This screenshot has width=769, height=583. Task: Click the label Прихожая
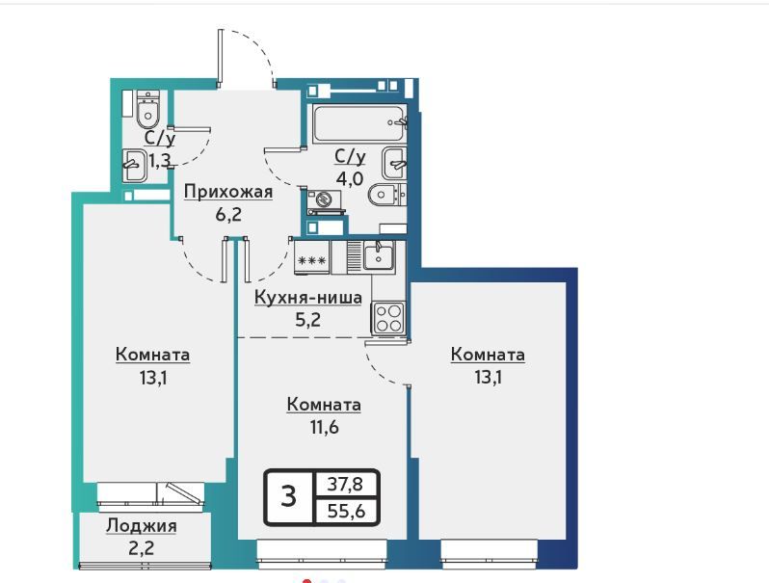pyautogui.click(x=228, y=192)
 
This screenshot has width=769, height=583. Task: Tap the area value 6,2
pyautogui.click(x=228, y=214)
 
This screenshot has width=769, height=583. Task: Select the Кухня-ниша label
pyautogui.click(x=308, y=297)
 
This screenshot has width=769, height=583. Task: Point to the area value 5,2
pyautogui.click(x=307, y=320)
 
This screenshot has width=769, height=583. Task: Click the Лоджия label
pyautogui.click(x=142, y=526)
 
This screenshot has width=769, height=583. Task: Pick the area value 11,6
pyautogui.click(x=324, y=427)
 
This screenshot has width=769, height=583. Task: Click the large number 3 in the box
pyautogui.click(x=289, y=495)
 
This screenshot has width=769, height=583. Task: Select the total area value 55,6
pyautogui.click(x=346, y=511)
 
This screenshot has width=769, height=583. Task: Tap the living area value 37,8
pyautogui.click(x=345, y=485)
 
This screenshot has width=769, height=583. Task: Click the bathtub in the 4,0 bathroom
pyautogui.click(x=360, y=123)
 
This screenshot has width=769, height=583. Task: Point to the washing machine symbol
pyautogui.click(x=324, y=201)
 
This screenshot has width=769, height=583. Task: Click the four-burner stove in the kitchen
pyautogui.click(x=389, y=317)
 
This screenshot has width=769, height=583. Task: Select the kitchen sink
pyautogui.click(x=378, y=256)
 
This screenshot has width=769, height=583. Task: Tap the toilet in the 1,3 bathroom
pyautogui.click(x=147, y=109)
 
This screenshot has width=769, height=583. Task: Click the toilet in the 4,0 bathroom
pyautogui.click(x=386, y=195)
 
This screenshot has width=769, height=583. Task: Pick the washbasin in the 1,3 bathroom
pyautogui.click(x=133, y=166)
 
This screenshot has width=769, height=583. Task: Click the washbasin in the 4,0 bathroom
pyautogui.click(x=394, y=163)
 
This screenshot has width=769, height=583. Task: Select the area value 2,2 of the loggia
pyautogui.click(x=142, y=547)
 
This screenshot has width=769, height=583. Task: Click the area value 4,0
pyautogui.click(x=350, y=178)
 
